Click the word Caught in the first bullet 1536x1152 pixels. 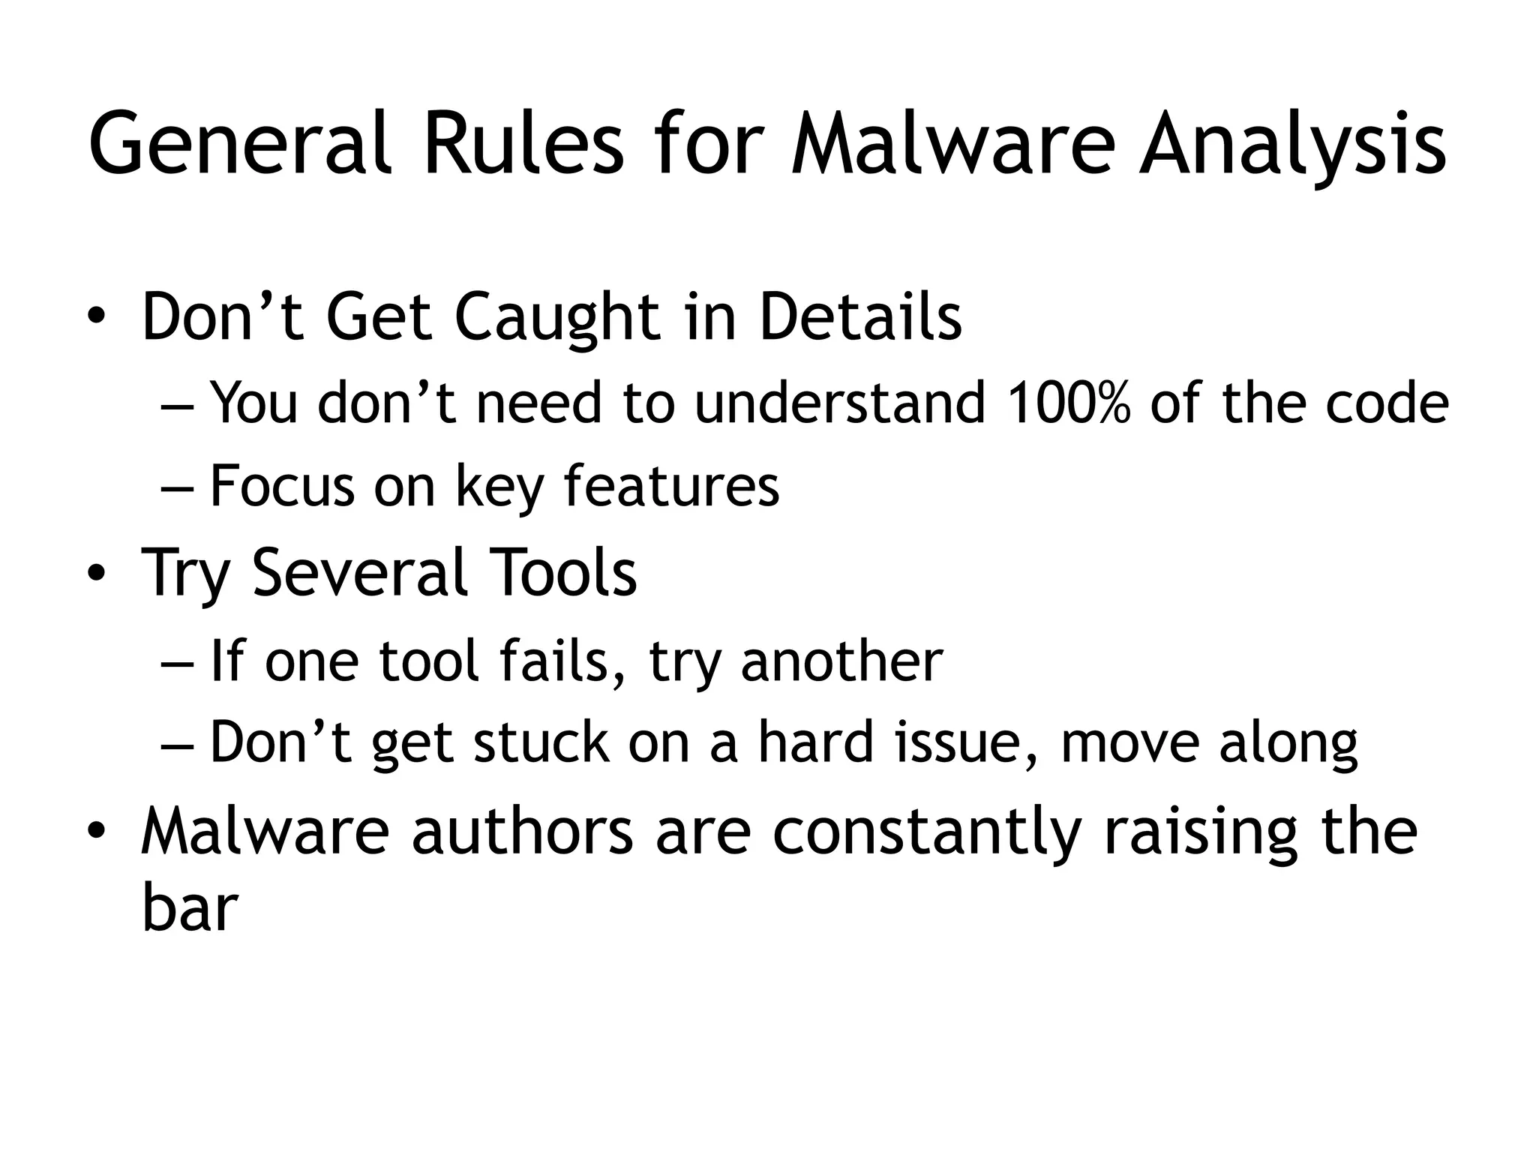click(556, 318)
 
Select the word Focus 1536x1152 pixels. click(281, 486)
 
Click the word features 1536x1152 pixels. click(671, 486)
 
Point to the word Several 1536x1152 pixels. click(361, 572)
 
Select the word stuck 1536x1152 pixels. click(541, 742)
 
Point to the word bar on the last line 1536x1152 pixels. click(189, 909)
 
